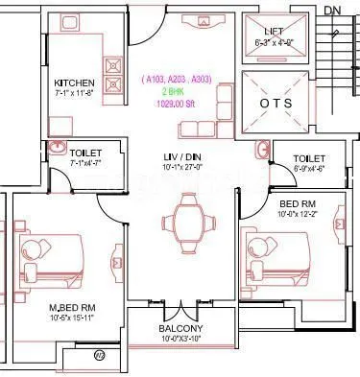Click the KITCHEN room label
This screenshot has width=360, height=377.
pos(73,82)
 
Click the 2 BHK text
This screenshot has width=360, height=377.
pos(174,90)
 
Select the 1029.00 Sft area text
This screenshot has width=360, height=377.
pos(174,103)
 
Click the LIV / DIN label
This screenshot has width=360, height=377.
pos(180,154)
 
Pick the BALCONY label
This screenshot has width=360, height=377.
pos(180,328)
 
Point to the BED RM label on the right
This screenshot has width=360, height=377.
pos(297,204)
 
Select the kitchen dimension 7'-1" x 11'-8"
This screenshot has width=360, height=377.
pos(74,93)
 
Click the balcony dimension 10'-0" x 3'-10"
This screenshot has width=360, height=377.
pos(180,338)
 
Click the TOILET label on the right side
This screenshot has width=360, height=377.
pos(308,158)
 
